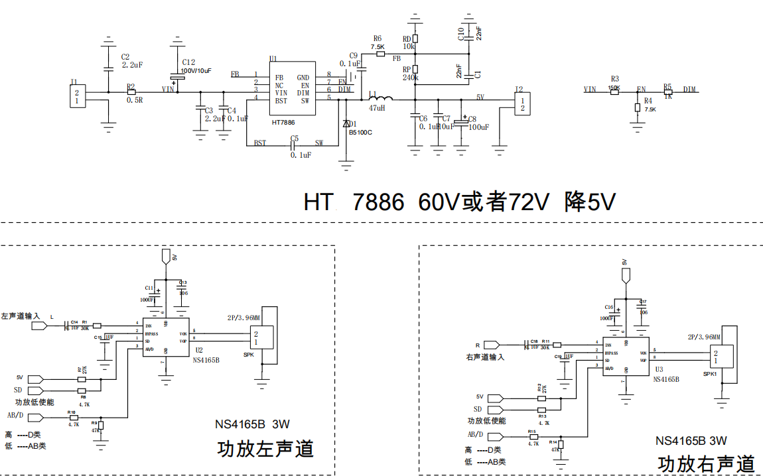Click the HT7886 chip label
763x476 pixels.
[283, 123]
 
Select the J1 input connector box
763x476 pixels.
[78, 97]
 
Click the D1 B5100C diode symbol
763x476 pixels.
[346, 124]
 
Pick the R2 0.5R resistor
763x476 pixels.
[131, 91]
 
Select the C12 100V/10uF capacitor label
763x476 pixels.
[196, 70]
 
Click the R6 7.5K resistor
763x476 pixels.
[380, 54]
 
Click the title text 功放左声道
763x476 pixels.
[265, 449]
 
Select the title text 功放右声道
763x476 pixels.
[706, 463]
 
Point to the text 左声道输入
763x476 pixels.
[21, 317]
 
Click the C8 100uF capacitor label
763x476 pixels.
[478, 127]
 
